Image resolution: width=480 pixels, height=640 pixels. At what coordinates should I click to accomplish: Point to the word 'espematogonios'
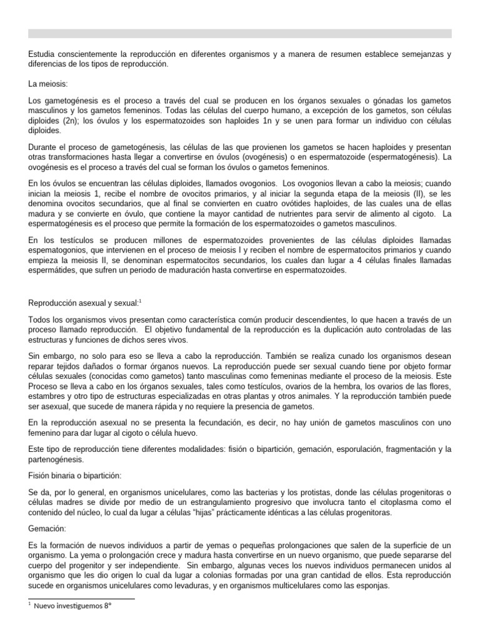point(59,250)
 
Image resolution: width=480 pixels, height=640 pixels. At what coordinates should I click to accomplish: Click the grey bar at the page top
point(240,34)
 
